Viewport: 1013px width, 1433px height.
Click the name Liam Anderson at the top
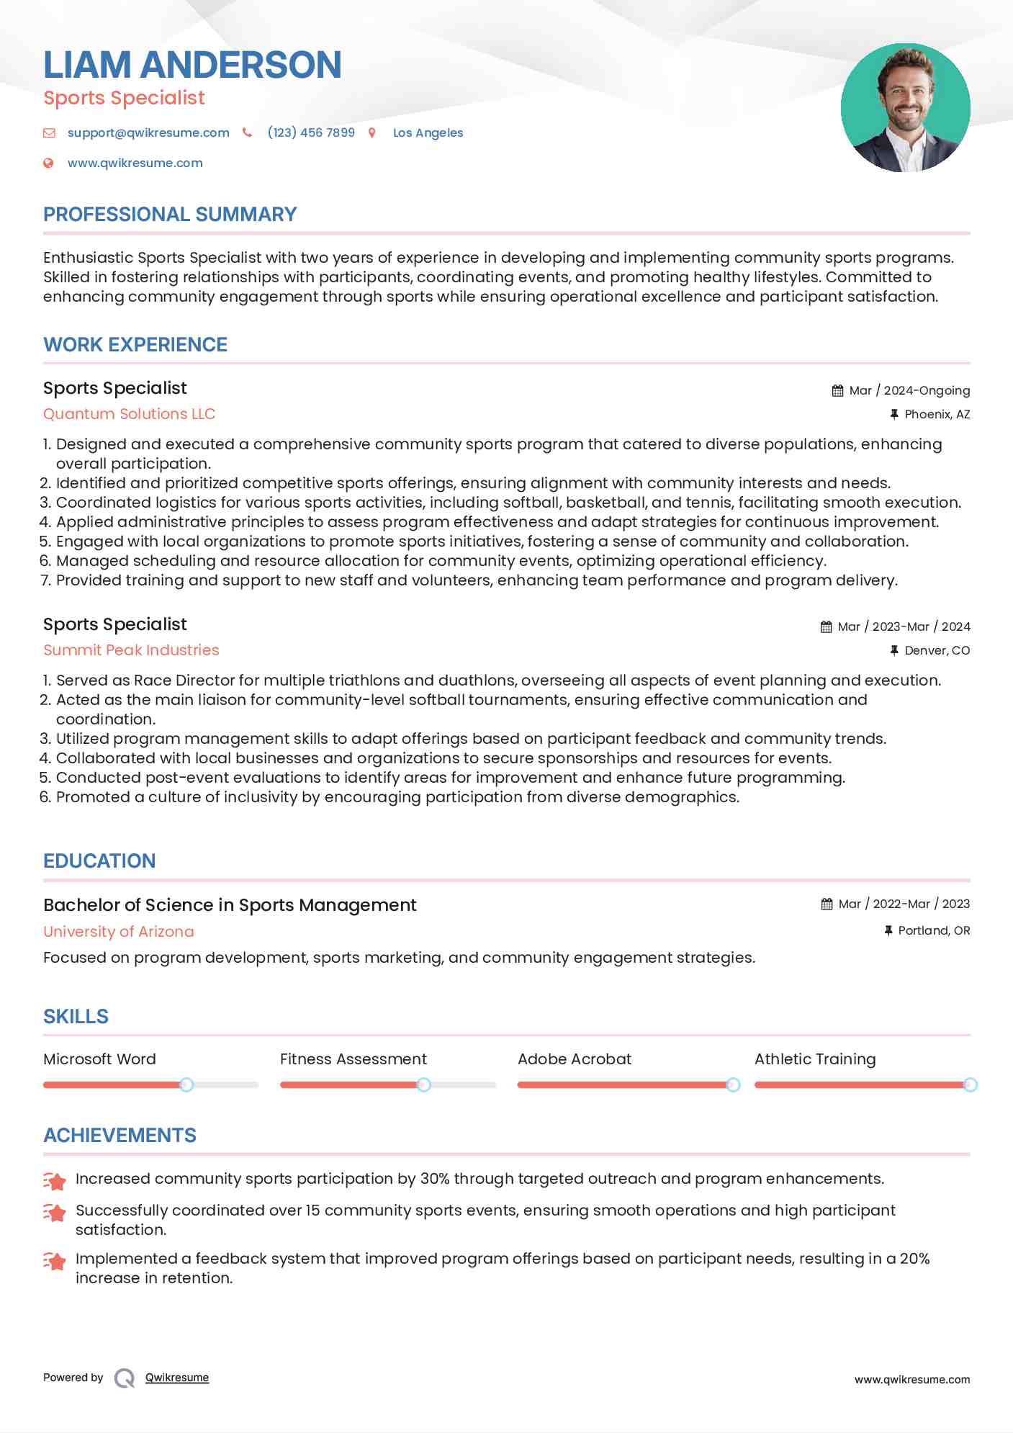point(192,65)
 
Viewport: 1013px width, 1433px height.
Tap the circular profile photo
point(905,108)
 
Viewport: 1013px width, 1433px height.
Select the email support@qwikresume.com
point(148,132)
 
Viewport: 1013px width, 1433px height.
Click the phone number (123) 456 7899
point(311,132)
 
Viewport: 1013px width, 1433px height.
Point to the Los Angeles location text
point(428,132)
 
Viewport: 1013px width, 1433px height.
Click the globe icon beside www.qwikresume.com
point(48,163)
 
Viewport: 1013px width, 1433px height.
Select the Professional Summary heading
point(170,215)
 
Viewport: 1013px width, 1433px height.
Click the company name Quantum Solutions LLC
point(129,414)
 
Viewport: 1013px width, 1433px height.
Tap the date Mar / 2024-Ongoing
point(909,390)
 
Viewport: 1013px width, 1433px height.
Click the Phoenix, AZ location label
point(937,414)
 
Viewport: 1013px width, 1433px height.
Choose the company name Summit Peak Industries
point(131,650)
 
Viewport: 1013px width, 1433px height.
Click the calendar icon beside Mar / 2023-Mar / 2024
point(826,626)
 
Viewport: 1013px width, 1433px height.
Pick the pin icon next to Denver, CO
point(893,650)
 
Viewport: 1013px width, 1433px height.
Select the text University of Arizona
point(119,932)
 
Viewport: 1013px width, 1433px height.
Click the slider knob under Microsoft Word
point(186,1084)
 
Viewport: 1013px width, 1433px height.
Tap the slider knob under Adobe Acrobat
point(733,1084)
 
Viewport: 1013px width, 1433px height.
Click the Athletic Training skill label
point(815,1059)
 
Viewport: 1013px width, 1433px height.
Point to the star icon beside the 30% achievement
point(55,1181)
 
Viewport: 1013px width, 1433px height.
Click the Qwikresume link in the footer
point(177,1378)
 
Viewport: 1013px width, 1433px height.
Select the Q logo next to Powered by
point(125,1378)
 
